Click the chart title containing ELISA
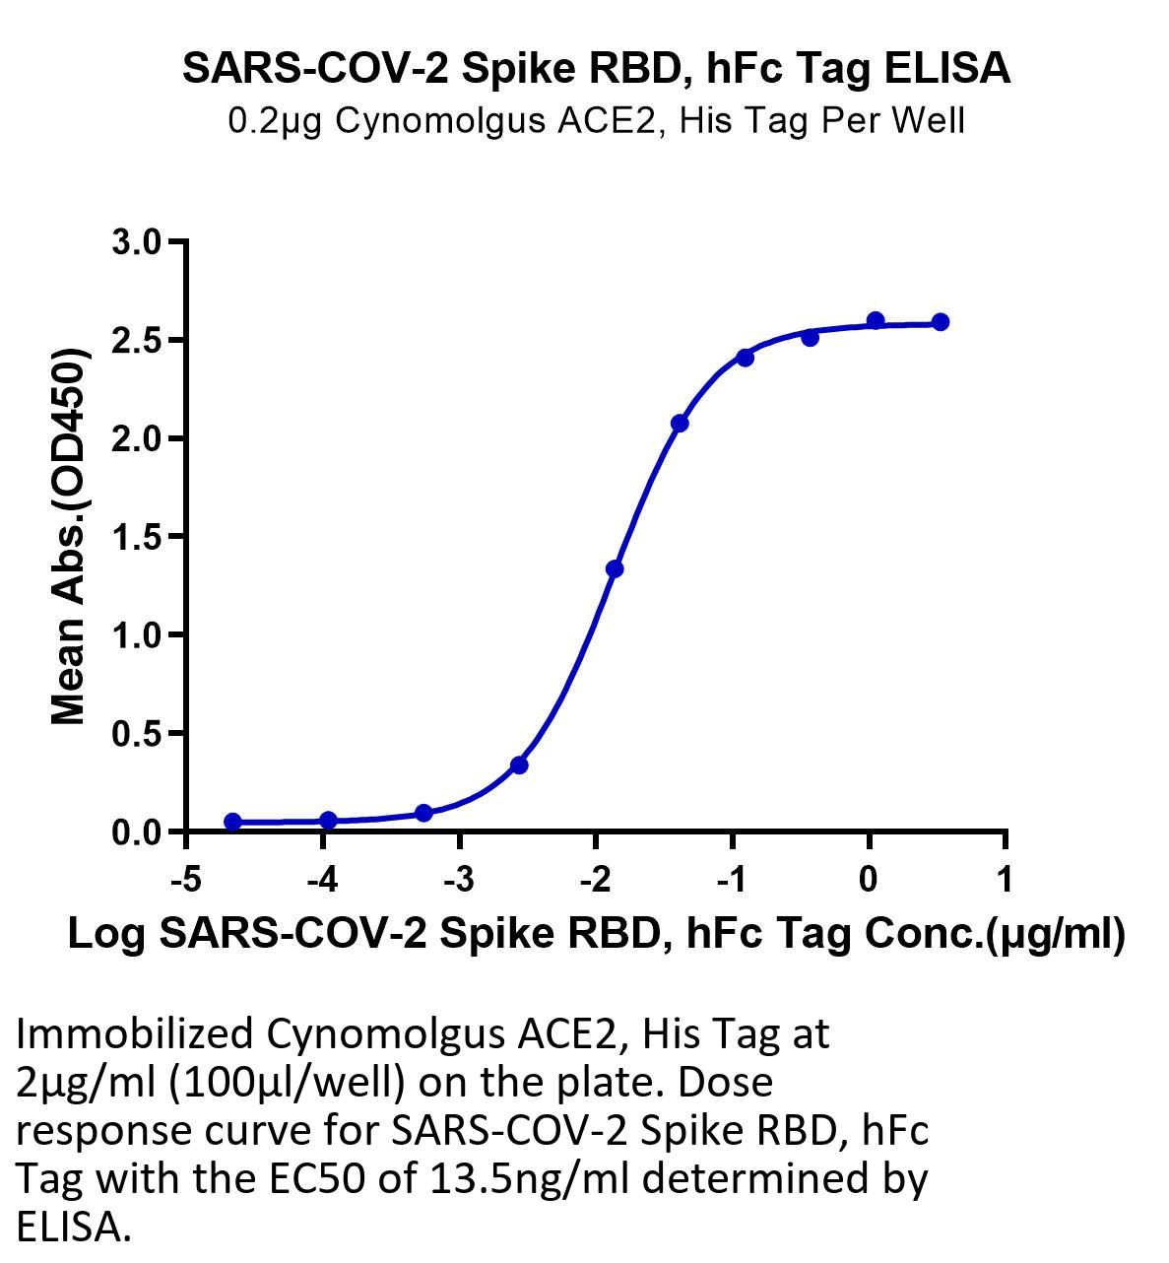pos(596,69)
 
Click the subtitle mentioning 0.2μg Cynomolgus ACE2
pos(596,121)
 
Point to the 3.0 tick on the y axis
pos(136,242)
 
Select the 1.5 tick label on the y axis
pos(136,537)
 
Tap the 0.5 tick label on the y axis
pos(136,733)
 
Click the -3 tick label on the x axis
pos(459,880)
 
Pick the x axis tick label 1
pos(1005,880)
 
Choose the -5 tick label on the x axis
pos(186,880)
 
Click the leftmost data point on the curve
pos(233,822)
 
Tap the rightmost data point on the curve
pos(941,322)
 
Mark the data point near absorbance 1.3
pos(615,569)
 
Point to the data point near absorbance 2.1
pos(680,423)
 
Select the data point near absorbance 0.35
pos(519,765)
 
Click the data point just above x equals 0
pos(876,320)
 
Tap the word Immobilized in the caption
pos(134,1035)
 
